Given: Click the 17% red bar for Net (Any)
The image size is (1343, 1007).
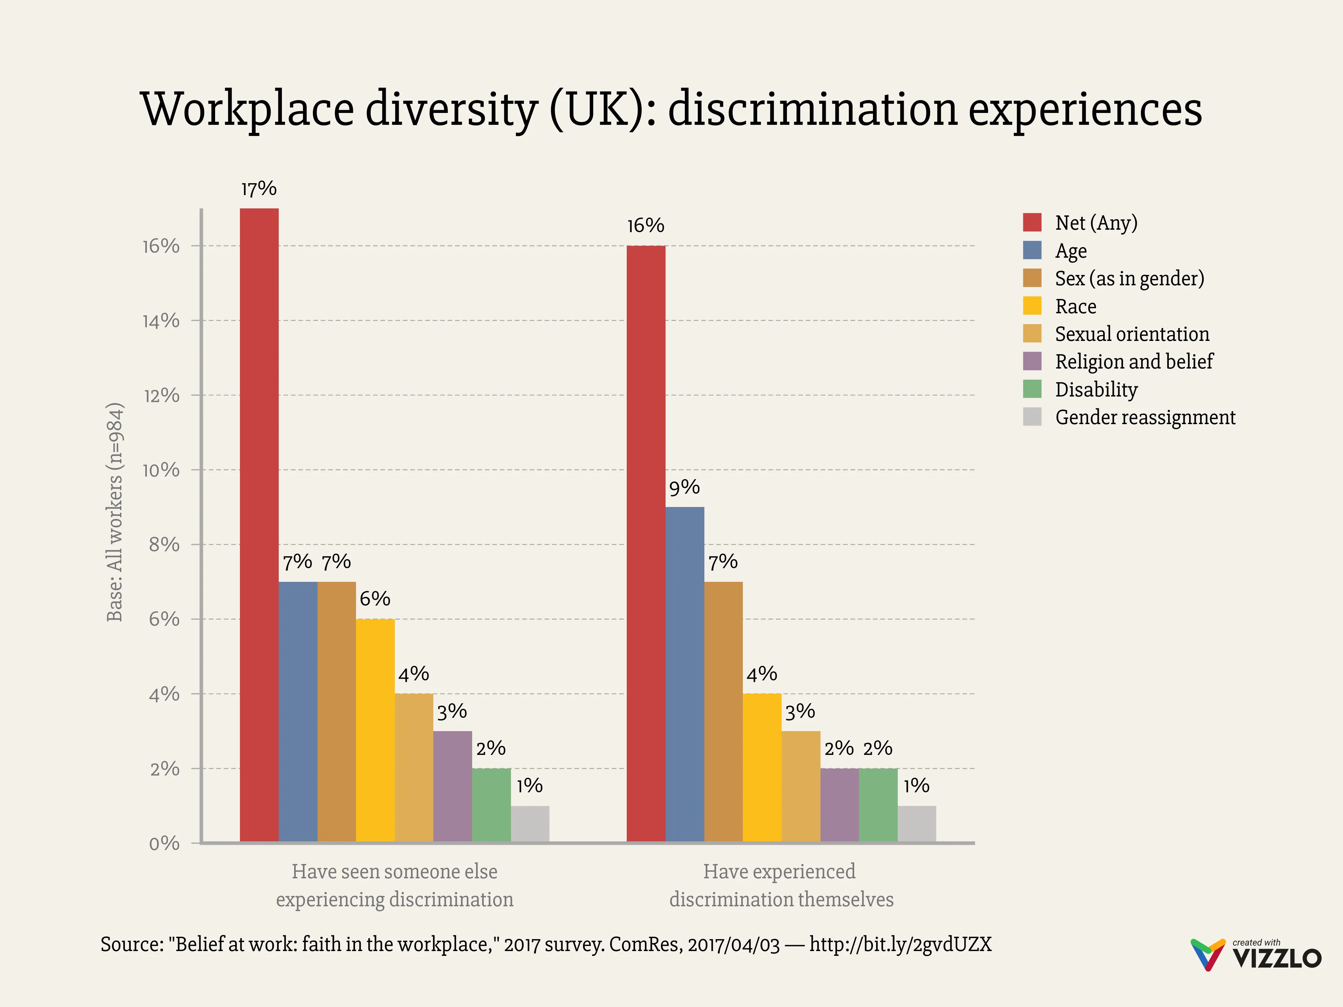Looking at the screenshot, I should [x=259, y=525].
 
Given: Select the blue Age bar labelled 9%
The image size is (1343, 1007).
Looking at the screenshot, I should [x=685, y=674].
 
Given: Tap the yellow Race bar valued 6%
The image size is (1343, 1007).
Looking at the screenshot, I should [x=375, y=730].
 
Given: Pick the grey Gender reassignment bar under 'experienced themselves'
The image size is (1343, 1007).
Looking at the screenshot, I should [x=917, y=824].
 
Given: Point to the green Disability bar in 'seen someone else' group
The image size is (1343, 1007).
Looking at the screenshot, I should [x=491, y=805].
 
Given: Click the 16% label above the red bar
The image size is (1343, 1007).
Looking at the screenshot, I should [x=645, y=226].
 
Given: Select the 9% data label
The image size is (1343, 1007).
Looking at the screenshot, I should [x=684, y=487].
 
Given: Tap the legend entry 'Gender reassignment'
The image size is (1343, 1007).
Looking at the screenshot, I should [x=1145, y=417].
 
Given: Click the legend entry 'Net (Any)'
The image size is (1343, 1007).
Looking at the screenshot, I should [x=1096, y=223].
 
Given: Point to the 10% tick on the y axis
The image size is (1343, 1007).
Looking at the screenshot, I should [x=161, y=470].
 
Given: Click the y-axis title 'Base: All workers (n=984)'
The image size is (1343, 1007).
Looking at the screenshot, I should [x=115, y=512].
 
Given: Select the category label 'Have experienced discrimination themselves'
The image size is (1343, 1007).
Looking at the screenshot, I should [x=781, y=885].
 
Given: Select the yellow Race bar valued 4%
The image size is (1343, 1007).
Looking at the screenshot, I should [x=762, y=768].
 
